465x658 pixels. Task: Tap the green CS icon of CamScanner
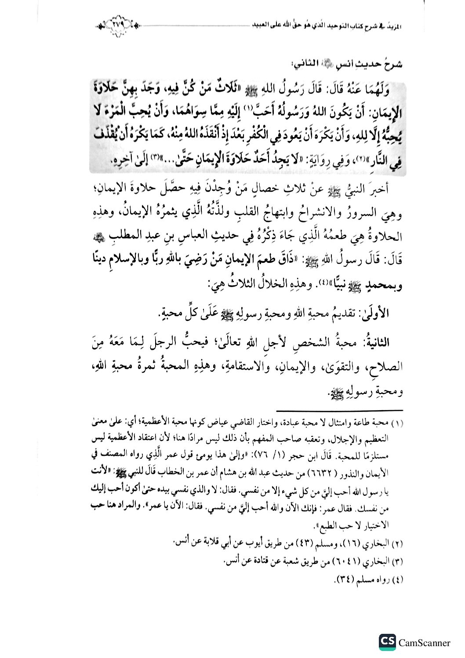coord(387,643)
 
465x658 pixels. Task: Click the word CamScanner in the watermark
coord(424,643)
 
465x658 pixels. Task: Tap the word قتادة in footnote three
coord(254,561)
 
